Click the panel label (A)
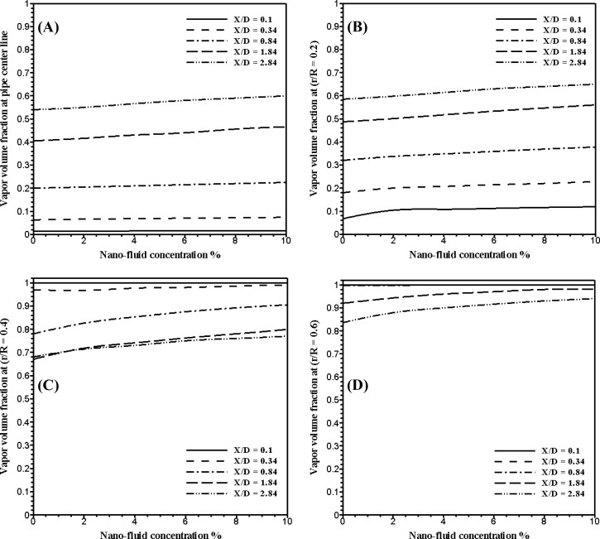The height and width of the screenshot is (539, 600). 51,26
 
